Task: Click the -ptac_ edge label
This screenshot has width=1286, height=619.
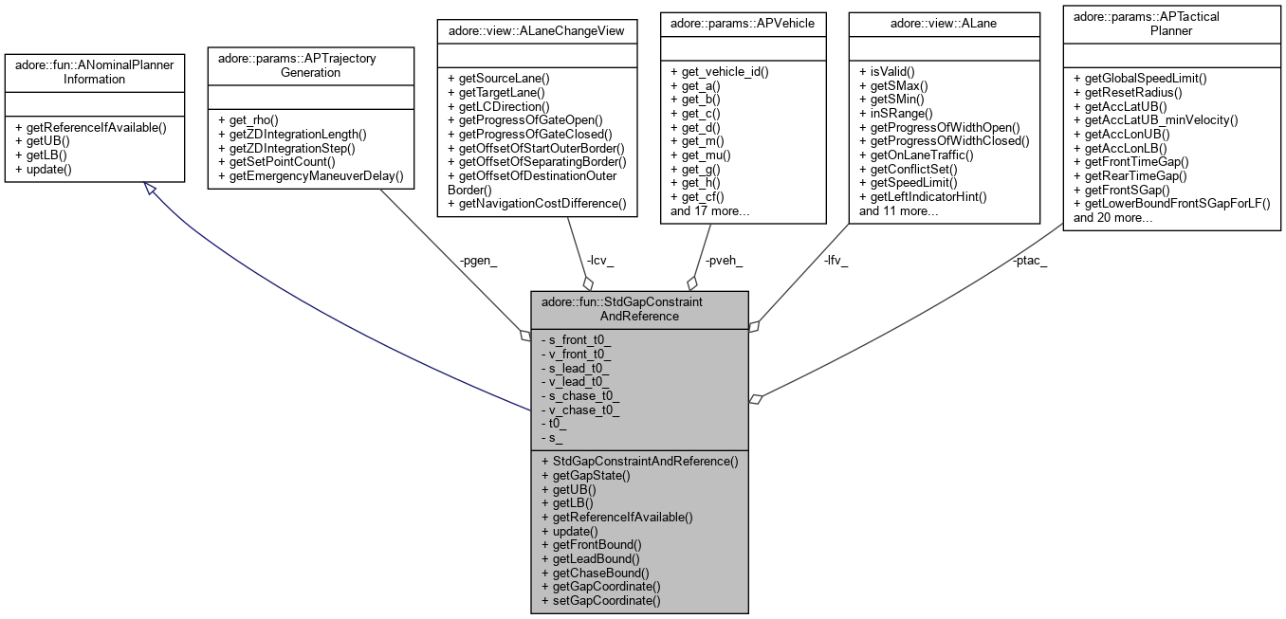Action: [x=1029, y=261]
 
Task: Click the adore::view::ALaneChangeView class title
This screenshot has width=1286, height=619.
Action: [x=536, y=29]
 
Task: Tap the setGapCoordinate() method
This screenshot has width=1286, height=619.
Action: [x=600, y=600]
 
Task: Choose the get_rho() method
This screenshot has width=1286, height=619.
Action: [x=247, y=119]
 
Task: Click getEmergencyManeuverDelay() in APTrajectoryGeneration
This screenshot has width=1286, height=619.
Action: [x=310, y=175]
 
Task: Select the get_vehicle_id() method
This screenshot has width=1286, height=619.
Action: [x=719, y=71]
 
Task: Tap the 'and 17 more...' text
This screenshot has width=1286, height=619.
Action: [x=710, y=210]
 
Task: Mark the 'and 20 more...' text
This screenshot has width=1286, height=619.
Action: [x=1112, y=217]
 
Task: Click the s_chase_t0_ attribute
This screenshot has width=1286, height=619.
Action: [x=579, y=395]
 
